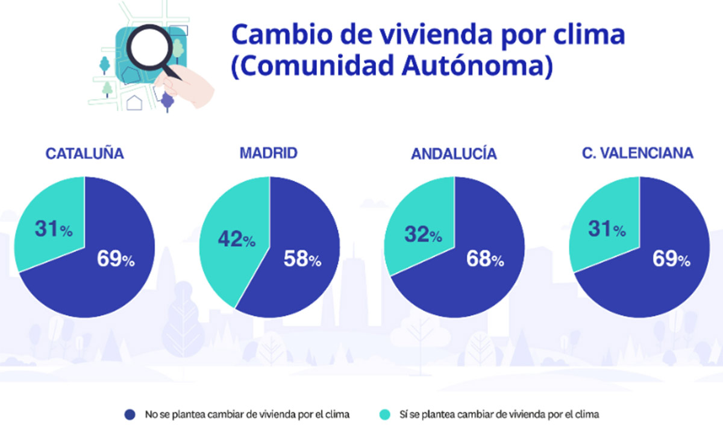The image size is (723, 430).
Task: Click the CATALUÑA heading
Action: point(85,154)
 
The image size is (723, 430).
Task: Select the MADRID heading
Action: point(269,153)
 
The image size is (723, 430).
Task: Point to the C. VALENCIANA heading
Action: point(637,154)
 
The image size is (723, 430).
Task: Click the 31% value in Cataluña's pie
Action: point(52,230)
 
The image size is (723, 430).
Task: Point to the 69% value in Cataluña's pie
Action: point(116,260)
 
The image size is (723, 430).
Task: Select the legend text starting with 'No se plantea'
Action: point(247,414)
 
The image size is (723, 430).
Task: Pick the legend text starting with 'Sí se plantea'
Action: point(499,414)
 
